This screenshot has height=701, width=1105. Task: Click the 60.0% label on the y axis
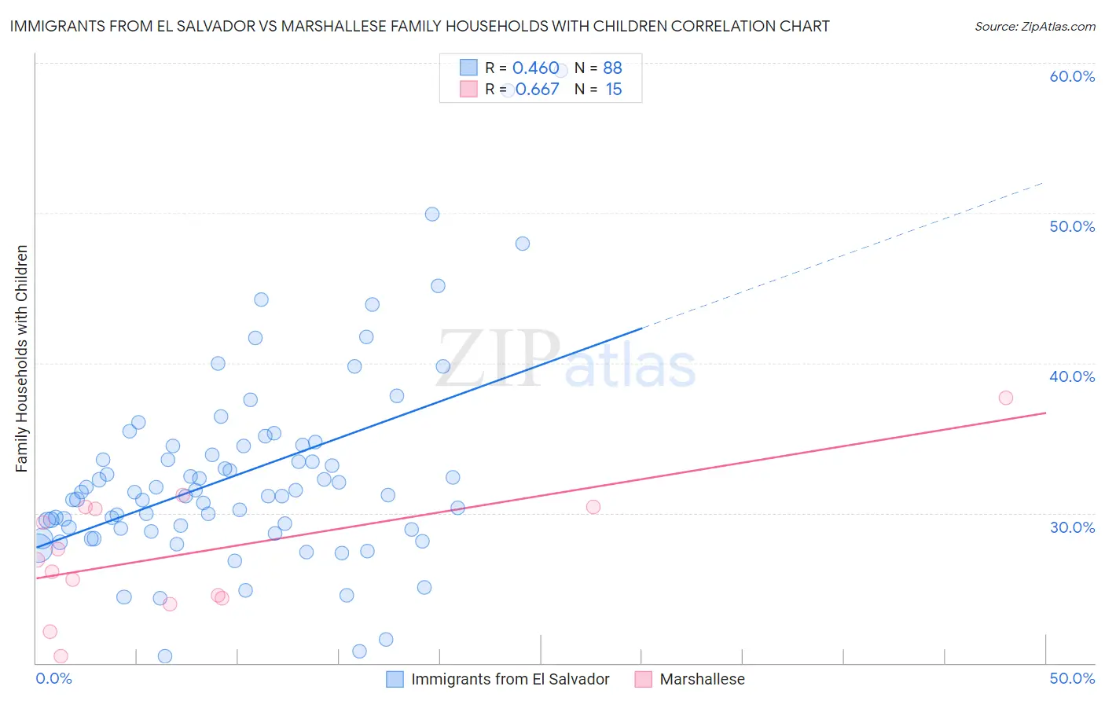point(1072,76)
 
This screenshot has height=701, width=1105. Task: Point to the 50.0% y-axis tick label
point(1072,226)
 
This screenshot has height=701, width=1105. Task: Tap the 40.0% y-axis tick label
point(1072,376)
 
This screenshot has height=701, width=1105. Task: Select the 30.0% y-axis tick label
point(1072,527)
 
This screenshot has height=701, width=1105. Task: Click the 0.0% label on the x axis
point(53,678)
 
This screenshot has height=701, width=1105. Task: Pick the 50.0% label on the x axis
point(1072,678)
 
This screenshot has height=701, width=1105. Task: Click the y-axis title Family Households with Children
point(22,358)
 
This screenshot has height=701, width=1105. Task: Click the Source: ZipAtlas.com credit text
point(1034,26)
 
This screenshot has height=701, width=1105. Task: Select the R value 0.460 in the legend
point(535,68)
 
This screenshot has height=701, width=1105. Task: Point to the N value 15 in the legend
point(614,90)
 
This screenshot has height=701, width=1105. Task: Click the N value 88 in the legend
point(612,68)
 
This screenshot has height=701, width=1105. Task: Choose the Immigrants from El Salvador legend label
point(510,679)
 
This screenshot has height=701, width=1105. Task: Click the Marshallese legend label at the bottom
point(702,679)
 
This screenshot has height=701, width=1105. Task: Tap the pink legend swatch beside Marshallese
point(644,679)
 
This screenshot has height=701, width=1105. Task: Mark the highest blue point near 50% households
point(432,214)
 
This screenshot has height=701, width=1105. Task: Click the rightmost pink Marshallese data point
point(1006,398)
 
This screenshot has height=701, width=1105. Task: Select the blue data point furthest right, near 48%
point(523,244)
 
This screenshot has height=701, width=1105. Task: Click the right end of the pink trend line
point(1045,413)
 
